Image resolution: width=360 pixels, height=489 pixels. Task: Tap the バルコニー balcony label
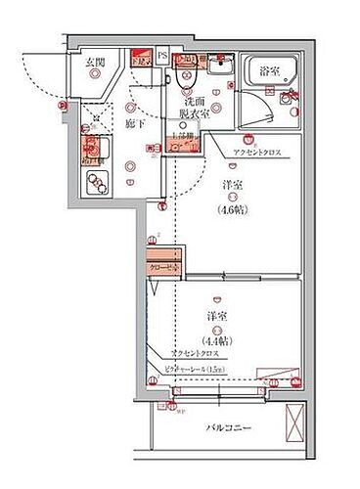[230, 428]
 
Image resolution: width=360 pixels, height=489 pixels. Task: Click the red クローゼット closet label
[162, 265]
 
